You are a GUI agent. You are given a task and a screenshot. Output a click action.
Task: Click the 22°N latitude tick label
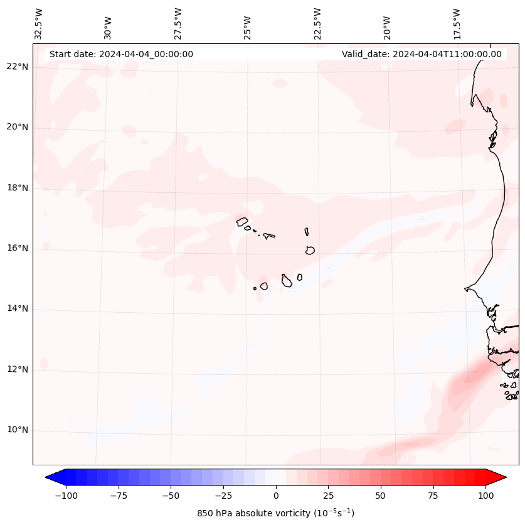point(18,67)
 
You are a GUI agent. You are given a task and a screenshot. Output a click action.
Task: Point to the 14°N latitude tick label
point(18,308)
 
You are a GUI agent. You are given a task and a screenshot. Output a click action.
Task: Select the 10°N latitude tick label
point(18,430)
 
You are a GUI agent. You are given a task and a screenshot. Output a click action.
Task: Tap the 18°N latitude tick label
point(18,188)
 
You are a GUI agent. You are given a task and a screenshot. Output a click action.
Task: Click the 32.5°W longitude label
point(39,23)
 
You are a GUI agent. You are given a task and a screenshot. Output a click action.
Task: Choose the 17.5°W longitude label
point(457,23)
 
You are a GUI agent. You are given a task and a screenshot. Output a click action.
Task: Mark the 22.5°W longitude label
point(317,23)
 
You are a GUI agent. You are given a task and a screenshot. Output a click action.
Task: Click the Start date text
point(121,54)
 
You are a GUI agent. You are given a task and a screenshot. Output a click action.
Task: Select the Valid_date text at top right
point(422,54)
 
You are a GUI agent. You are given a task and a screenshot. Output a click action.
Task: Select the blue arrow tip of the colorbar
point(51,477)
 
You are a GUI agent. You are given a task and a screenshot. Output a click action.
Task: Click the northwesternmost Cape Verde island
point(242,221)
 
